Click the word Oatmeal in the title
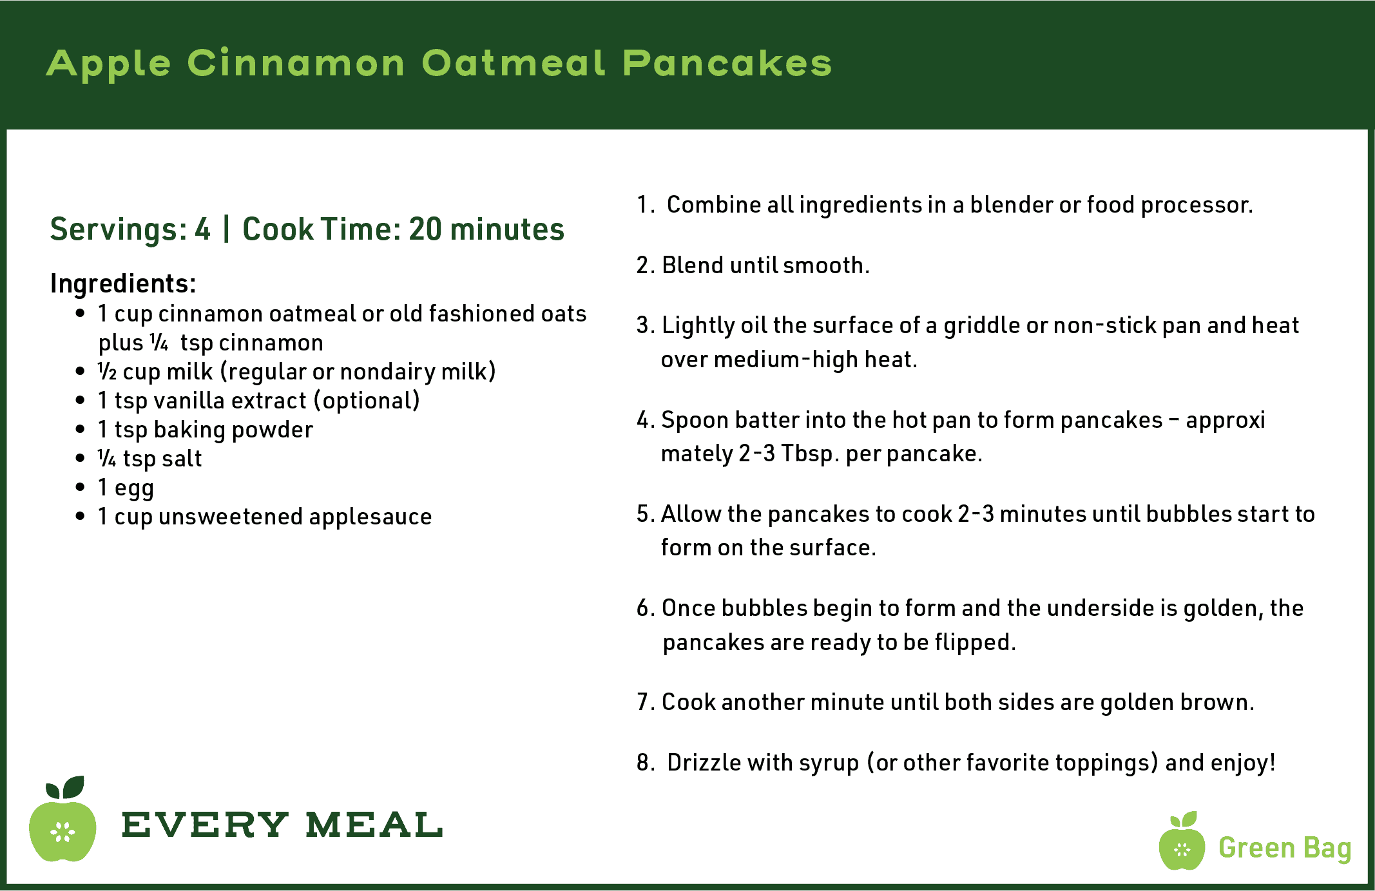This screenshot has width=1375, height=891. tap(514, 63)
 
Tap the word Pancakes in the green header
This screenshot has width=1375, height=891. tap(727, 63)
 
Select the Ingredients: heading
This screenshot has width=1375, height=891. tap(123, 284)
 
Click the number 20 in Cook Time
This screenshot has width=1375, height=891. tap(425, 229)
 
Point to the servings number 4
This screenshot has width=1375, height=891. tap(203, 229)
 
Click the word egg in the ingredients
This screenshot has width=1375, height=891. tap(134, 488)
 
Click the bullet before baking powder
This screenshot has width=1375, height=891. tap(80, 430)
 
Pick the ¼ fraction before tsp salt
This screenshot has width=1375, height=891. tap(107, 458)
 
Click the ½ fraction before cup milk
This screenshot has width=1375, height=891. tap(107, 371)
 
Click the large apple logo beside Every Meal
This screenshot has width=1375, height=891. tap(63, 819)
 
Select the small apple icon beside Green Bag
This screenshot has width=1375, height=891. tap(1182, 841)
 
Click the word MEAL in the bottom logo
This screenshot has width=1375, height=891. tap(374, 825)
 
